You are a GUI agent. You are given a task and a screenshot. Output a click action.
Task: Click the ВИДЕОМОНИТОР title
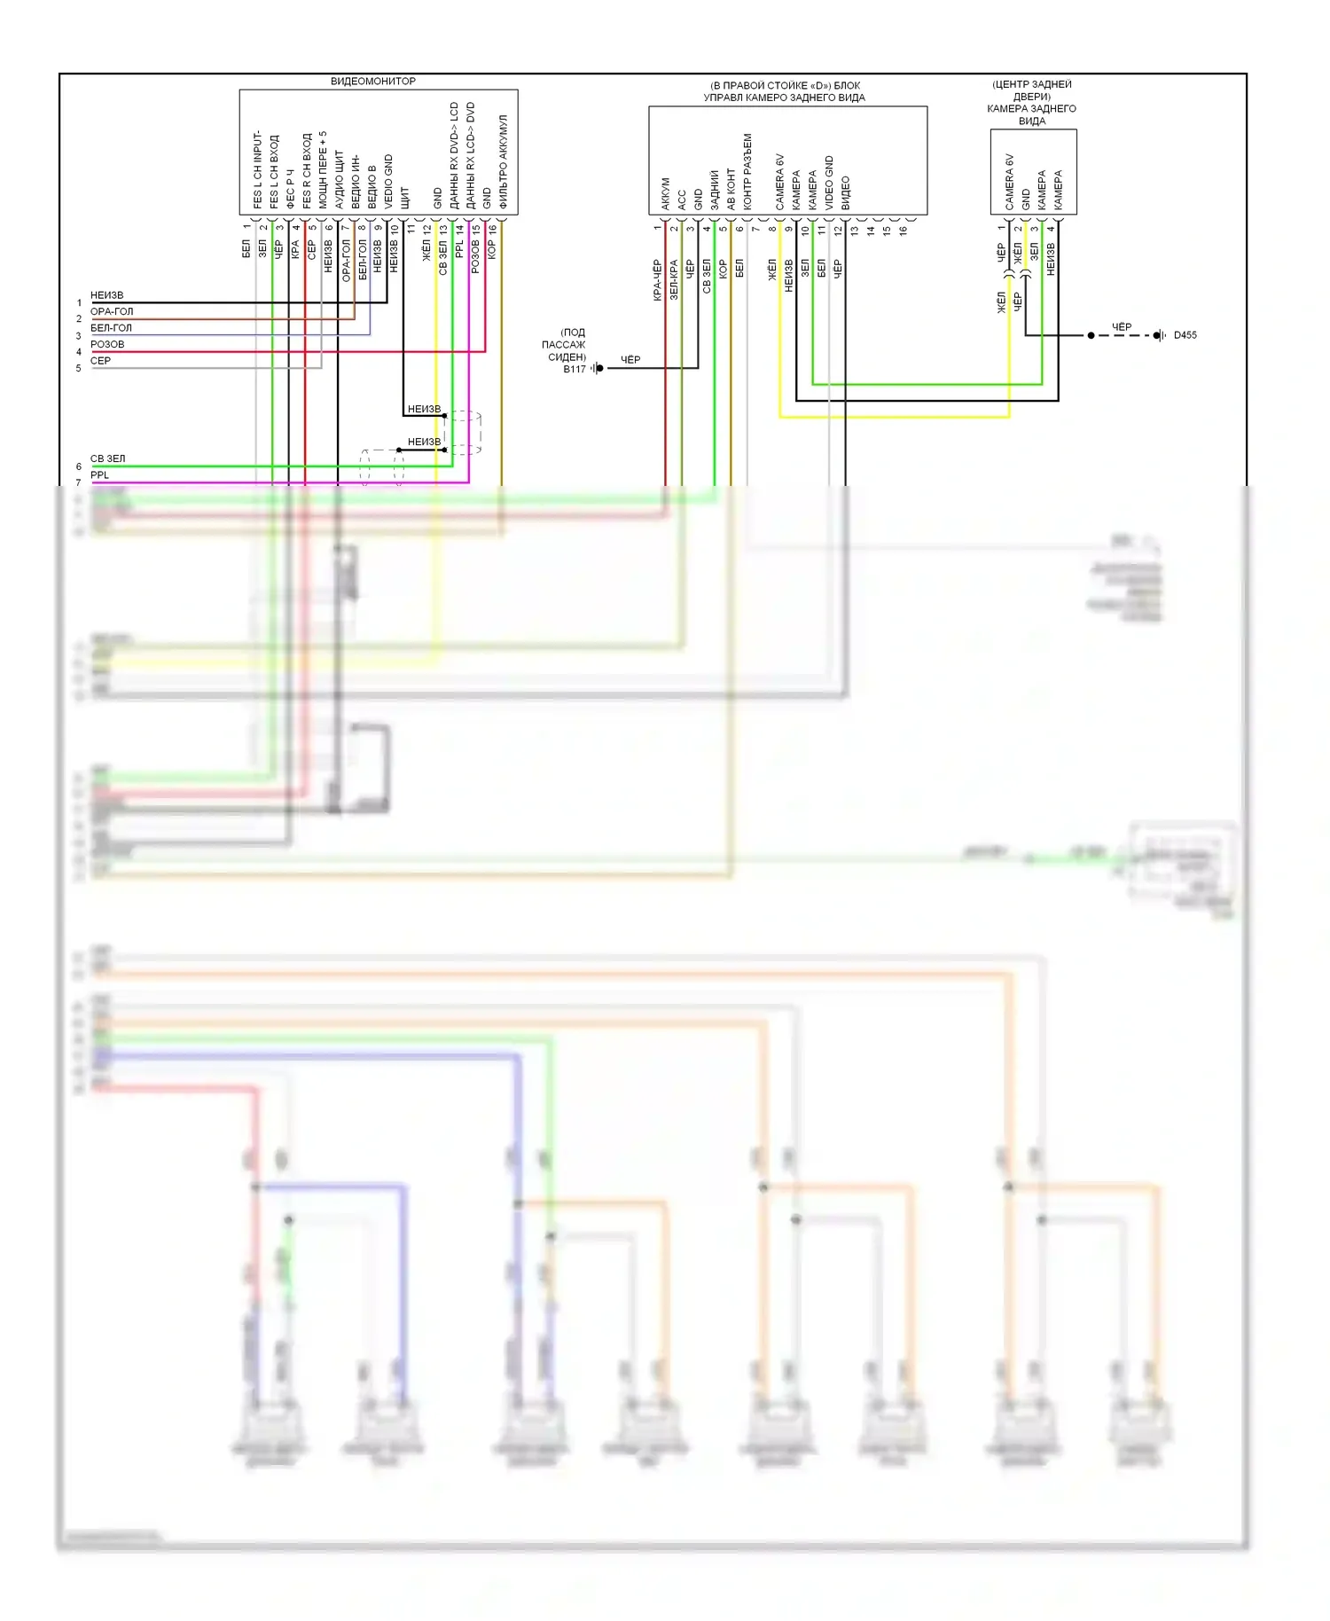click(x=372, y=82)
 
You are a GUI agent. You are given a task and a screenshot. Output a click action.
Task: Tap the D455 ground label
click(x=1185, y=335)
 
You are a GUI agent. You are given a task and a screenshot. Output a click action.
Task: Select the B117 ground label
click(x=574, y=369)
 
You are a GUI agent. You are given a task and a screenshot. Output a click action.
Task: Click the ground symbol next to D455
click(x=1159, y=335)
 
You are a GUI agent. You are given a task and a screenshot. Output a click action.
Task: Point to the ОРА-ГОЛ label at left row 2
click(x=112, y=312)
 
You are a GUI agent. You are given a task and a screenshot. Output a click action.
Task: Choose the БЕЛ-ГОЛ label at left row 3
click(x=111, y=328)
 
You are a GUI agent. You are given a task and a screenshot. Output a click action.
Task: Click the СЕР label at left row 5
click(x=100, y=361)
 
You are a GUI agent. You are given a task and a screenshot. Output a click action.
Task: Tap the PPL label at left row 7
click(x=99, y=475)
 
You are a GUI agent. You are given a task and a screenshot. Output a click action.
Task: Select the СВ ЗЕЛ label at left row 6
click(x=107, y=458)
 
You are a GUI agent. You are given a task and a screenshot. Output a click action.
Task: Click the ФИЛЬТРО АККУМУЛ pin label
click(x=503, y=161)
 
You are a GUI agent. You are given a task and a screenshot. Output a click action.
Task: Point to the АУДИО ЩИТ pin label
click(x=340, y=179)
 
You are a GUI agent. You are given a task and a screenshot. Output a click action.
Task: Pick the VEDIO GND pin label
click(x=388, y=182)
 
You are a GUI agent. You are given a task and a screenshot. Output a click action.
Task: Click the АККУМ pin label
click(x=666, y=194)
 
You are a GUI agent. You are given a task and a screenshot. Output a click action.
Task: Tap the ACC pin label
click(x=682, y=200)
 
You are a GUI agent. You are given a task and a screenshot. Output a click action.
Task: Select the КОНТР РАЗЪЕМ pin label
click(x=747, y=172)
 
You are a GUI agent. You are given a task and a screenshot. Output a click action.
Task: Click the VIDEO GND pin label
click(x=829, y=183)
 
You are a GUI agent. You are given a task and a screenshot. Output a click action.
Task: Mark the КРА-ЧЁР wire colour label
click(x=658, y=280)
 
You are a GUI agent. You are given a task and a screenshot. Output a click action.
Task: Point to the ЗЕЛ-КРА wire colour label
click(x=674, y=279)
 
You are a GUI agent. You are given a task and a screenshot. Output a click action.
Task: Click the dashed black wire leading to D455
click(x=1126, y=335)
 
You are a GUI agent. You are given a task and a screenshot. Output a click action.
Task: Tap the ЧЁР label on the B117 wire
click(x=630, y=359)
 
